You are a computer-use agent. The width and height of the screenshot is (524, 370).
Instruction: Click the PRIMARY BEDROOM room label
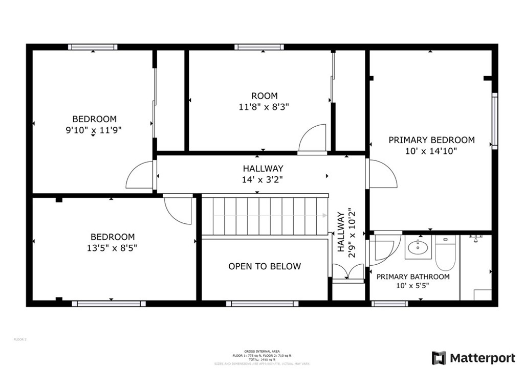coord(431,140)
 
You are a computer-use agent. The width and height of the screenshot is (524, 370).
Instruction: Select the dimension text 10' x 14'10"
coord(431,151)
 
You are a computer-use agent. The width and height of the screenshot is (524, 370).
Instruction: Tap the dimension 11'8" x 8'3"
coord(264,107)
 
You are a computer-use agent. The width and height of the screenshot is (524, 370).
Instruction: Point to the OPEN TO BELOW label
coord(265,266)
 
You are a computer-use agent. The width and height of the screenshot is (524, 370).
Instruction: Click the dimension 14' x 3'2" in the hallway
coord(263,179)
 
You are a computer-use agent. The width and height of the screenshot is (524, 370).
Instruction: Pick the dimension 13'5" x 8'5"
coord(113,248)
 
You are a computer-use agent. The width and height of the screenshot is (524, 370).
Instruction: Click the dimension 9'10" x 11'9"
coord(94,130)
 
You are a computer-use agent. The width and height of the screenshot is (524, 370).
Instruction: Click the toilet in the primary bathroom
coord(445,256)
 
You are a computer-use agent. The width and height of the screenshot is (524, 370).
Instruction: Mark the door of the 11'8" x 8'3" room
coord(312,139)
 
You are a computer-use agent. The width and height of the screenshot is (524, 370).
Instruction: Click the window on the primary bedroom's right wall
coord(494,121)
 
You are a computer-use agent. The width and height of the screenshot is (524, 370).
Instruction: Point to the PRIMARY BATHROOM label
coord(413,276)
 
